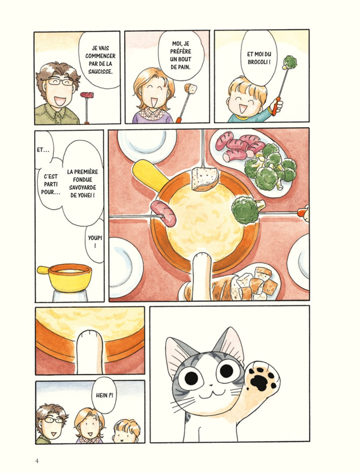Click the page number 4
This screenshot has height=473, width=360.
[37, 460]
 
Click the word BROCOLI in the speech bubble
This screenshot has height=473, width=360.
[263, 61]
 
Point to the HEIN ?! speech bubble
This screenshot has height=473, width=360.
[103, 396]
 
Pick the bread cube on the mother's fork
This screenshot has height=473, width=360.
[191, 89]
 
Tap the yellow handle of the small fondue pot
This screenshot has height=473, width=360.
[44, 270]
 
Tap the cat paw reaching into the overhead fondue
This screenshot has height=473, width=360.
[203, 270]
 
